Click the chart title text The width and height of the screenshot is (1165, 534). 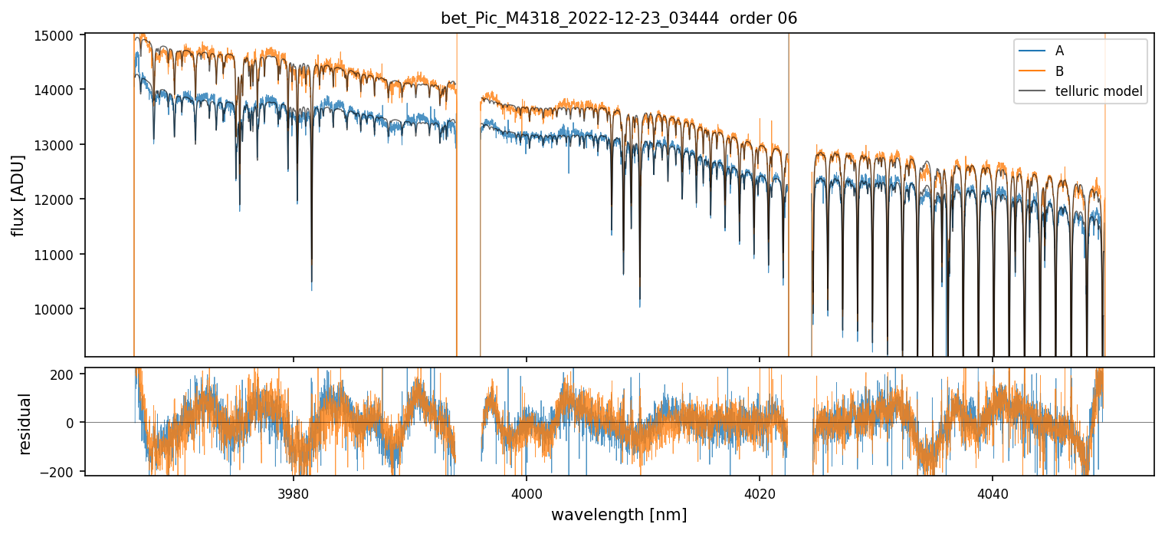pyautogui.click(x=619, y=18)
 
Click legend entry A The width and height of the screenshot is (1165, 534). pyautogui.click(x=1059, y=51)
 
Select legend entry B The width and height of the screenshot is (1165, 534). pyautogui.click(x=1059, y=71)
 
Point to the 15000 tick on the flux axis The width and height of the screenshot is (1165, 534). pyautogui.click(x=62, y=35)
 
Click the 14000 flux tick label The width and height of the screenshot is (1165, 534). pyautogui.click(x=62, y=90)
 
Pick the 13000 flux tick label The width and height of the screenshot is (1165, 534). pyautogui.click(x=62, y=145)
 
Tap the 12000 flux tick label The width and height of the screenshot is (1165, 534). pyautogui.click(x=62, y=199)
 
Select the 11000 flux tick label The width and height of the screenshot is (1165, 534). pyautogui.click(x=62, y=255)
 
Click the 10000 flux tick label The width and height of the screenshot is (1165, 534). pyautogui.click(x=62, y=309)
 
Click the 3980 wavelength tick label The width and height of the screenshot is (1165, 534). pyautogui.click(x=294, y=491)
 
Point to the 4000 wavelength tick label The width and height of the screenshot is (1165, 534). pyautogui.click(x=527, y=491)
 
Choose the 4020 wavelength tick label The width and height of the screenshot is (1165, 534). pyautogui.click(x=760, y=491)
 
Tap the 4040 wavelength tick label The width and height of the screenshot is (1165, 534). pyautogui.click(x=993, y=491)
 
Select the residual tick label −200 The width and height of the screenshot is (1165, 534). pyautogui.click(x=65, y=470)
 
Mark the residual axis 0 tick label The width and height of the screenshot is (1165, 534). pyautogui.click(x=75, y=423)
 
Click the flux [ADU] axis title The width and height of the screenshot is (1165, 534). pyautogui.click(x=18, y=195)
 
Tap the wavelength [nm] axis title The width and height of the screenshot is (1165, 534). pyautogui.click(x=619, y=515)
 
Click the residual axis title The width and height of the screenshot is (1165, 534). pyautogui.click(x=25, y=424)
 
